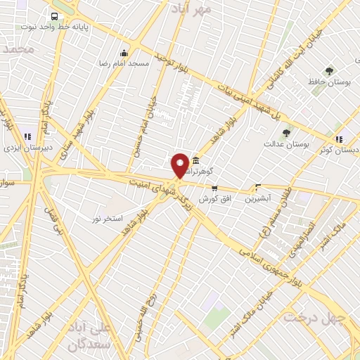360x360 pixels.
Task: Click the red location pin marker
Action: click(180, 166)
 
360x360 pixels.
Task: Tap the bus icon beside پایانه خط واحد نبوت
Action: click(55, 16)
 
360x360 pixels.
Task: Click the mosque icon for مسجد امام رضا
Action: click(124, 53)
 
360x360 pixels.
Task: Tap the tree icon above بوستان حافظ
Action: click(329, 70)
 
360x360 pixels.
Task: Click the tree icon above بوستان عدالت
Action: click(285, 133)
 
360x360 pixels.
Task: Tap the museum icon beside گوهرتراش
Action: click(195, 161)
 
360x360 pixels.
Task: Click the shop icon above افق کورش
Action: click(214, 188)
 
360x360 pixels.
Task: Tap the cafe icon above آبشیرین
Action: click(258, 187)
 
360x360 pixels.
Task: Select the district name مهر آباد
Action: click(193, 8)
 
